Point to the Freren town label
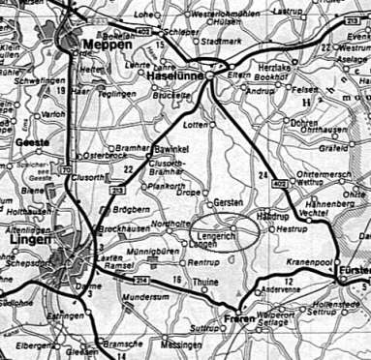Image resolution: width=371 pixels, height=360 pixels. (x=239, y=316)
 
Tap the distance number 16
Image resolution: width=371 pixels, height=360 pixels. (x=175, y=280)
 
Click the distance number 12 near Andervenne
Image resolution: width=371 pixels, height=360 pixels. (x=289, y=280)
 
